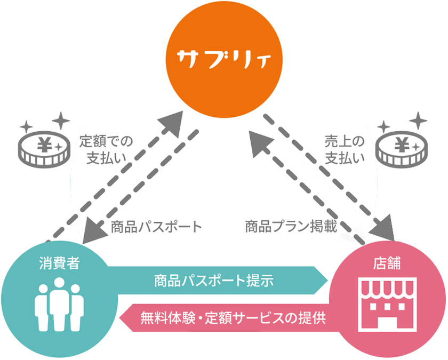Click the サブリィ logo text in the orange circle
(223, 60)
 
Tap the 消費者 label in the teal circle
(59, 263)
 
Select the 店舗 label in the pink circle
(387, 263)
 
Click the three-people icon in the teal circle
(59, 305)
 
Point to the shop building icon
(387, 304)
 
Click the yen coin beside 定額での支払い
(44, 149)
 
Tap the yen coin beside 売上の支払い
(402, 149)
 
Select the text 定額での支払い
(106, 150)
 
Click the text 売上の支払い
(345, 150)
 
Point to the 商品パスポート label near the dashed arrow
(156, 227)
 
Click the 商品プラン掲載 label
(291, 226)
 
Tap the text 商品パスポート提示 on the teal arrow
(214, 281)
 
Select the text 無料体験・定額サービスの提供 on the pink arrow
(233, 318)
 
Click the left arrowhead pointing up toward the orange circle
(171, 123)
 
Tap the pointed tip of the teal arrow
(327, 281)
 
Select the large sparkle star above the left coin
(61, 121)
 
